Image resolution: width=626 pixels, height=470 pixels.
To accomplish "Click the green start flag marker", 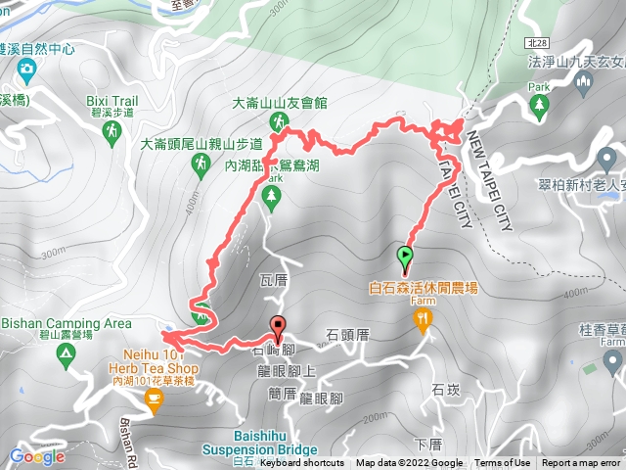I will (405, 258).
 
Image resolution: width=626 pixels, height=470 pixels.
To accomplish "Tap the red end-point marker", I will (279, 328).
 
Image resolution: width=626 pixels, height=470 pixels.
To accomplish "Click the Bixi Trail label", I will (112, 101).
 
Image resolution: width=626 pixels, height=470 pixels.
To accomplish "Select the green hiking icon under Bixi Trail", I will (110, 128).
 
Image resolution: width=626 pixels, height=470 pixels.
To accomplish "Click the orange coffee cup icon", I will (153, 398).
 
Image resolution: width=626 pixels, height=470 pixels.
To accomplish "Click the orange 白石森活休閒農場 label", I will (423, 289).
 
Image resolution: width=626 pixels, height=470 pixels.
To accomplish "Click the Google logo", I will (36, 455).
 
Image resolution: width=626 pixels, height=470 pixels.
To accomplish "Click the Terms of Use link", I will (503, 463).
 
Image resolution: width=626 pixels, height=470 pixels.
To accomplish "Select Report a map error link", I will (581, 463).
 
